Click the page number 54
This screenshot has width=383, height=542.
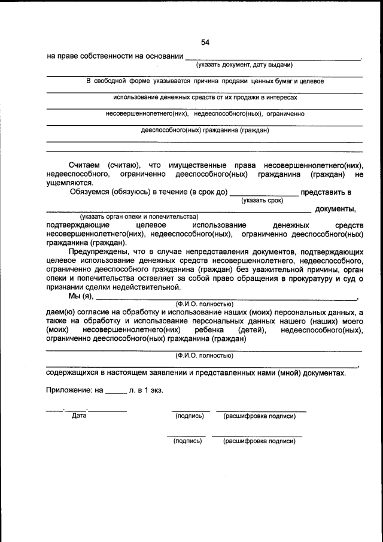pos(205,42)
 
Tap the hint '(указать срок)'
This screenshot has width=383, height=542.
pos(262,201)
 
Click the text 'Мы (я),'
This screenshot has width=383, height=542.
pos(81,296)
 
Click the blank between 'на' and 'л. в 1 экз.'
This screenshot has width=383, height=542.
pos(116,392)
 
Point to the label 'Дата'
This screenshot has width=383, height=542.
pos(79,416)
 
